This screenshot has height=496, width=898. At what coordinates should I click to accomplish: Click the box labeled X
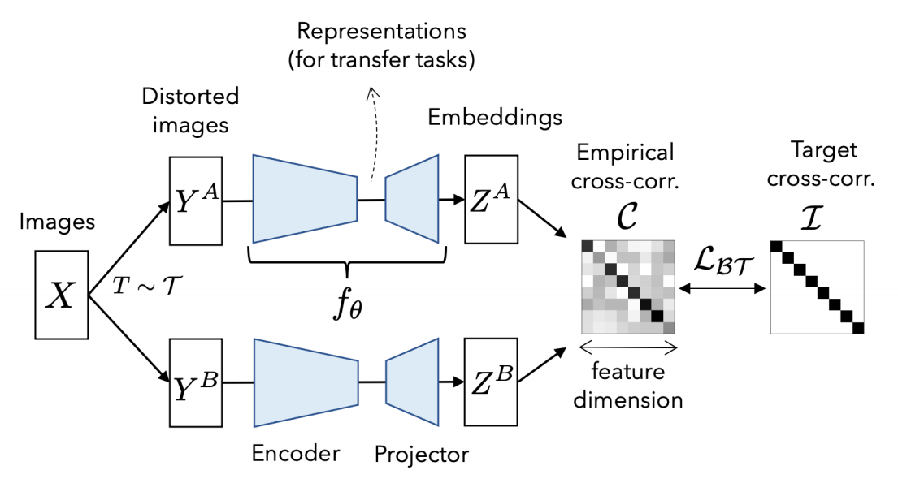(x=61, y=295)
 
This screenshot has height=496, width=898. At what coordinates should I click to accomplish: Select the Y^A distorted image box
(x=196, y=201)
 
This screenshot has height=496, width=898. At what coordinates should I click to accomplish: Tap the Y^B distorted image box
(x=196, y=382)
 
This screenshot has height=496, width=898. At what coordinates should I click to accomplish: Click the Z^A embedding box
(x=492, y=199)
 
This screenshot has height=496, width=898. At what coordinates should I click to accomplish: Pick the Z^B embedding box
(x=491, y=382)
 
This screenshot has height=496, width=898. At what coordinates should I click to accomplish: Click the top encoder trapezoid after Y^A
(x=306, y=199)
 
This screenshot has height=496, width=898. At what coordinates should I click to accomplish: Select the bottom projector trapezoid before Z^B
(x=412, y=382)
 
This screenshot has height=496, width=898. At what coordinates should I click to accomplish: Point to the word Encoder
(x=296, y=453)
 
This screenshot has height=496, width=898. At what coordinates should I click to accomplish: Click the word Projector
(x=422, y=455)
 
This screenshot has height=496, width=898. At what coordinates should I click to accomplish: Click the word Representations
(x=381, y=31)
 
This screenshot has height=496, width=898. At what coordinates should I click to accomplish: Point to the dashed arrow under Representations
(x=375, y=135)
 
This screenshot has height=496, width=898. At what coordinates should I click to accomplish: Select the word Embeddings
(x=496, y=117)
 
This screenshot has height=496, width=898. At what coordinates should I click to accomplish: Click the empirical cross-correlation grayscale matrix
(x=628, y=287)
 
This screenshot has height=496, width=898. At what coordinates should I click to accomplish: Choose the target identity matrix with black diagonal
(x=818, y=287)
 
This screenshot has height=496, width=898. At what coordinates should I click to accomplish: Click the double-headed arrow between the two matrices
(x=722, y=288)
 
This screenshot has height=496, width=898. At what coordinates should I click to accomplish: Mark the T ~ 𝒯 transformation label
(x=147, y=284)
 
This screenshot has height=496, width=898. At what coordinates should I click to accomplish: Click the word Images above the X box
(x=57, y=222)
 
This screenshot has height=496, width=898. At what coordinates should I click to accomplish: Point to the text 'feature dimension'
(x=628, y=386)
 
